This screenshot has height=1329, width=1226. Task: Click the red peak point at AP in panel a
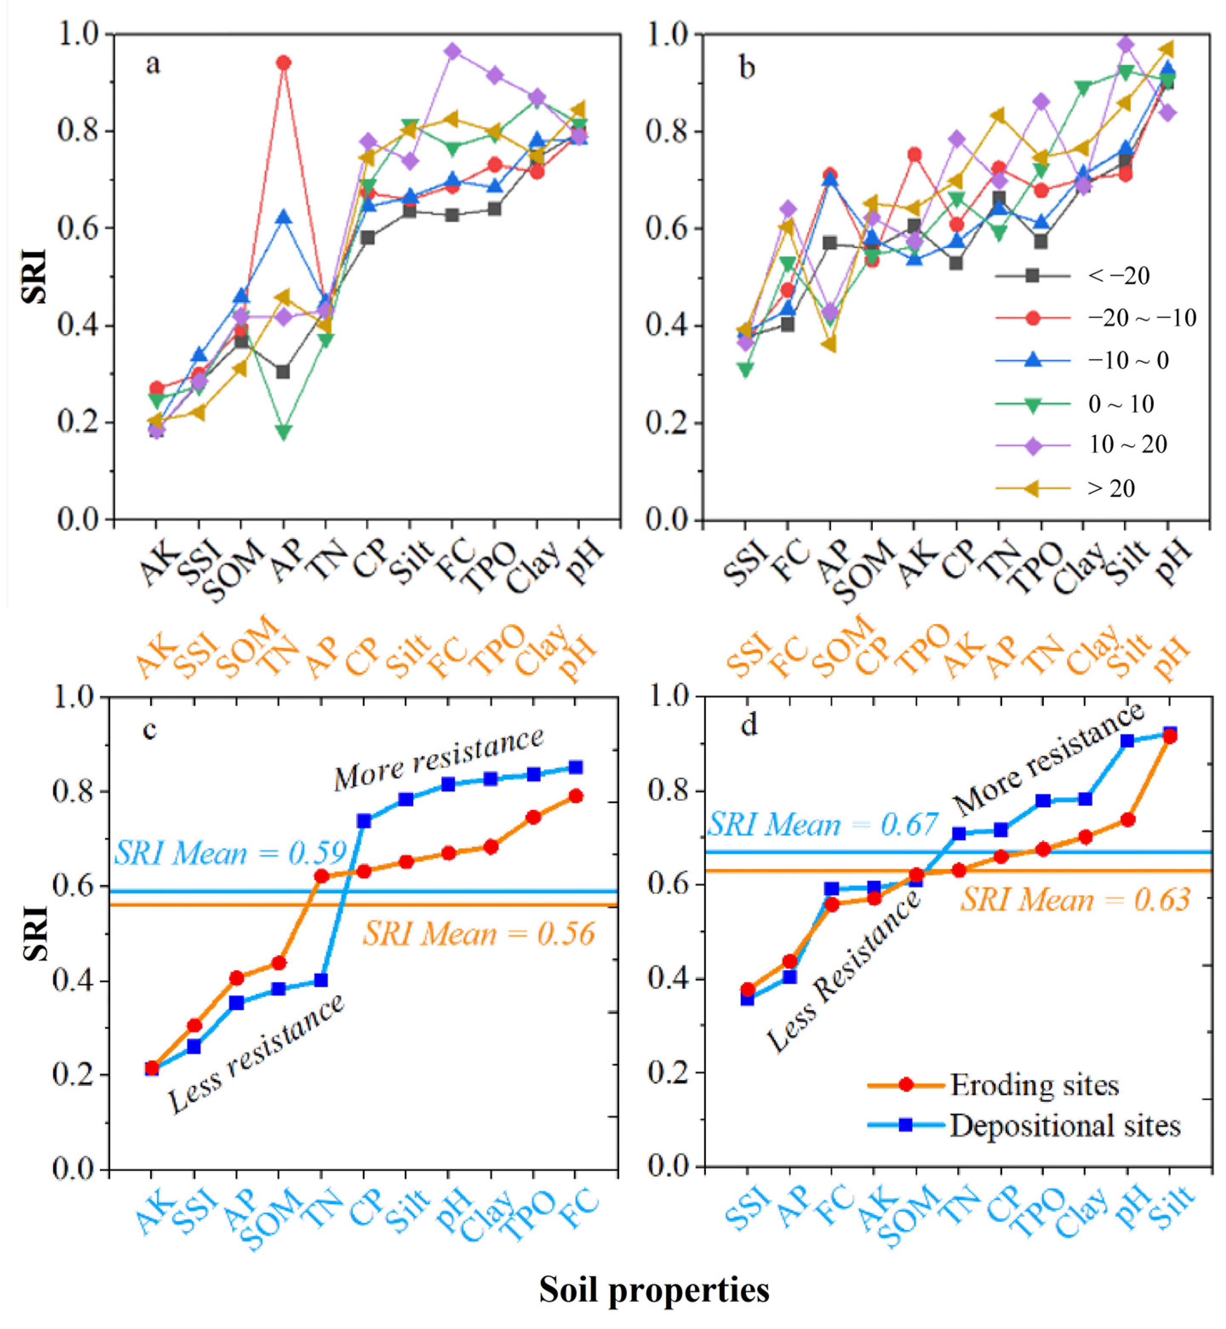pos(284,63)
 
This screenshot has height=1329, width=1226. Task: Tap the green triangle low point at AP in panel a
pos(284,432)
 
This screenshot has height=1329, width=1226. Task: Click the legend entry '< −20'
pos(1118,276)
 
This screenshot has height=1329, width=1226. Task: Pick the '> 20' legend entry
pos(1111,488)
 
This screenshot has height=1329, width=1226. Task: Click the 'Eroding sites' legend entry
pos(1034,1085)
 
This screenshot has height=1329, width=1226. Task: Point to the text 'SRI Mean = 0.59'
pos(231,853)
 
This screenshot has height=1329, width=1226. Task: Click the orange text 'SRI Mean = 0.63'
pos(1075,900)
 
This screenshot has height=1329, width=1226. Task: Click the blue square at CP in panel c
pos(363,821)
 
